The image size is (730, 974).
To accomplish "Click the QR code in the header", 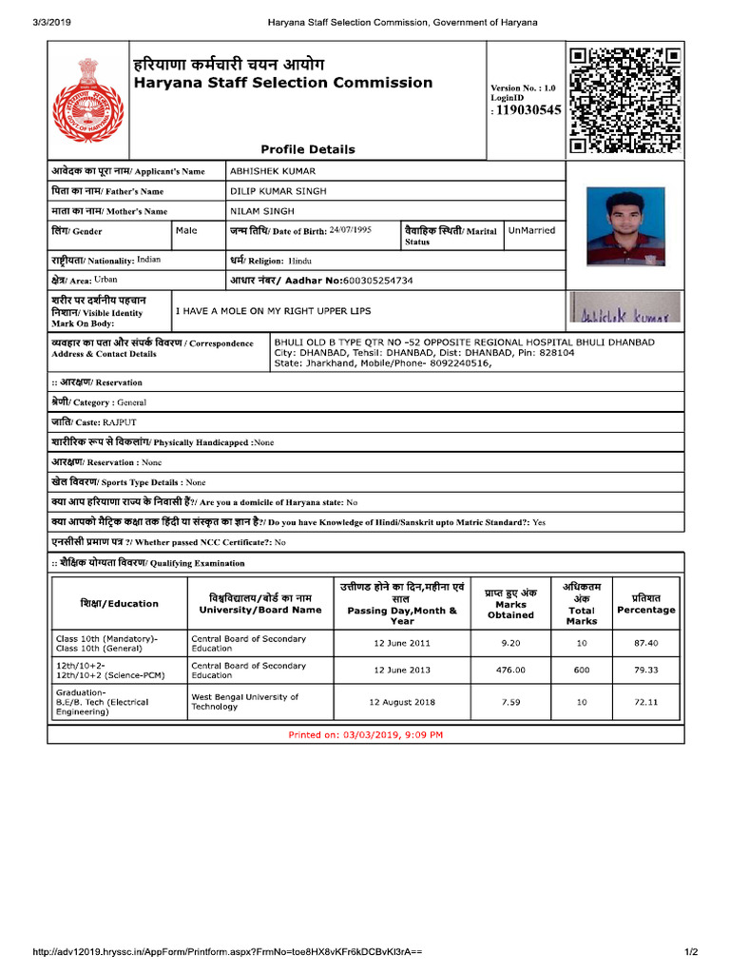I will pyautogui.click(x=624, y=100).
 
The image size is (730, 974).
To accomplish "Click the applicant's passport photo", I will pyautogui.click(x=624, y=226).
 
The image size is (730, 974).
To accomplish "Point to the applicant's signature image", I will pyautogui.click(x=624, y=311).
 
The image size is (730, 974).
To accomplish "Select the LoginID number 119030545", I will pyautogui.click(x=528, y=110).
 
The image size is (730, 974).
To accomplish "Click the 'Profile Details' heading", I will pyautogui.click(x=308, y=149).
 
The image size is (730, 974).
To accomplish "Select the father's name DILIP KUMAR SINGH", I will pyautogui.click(x=279, y=191).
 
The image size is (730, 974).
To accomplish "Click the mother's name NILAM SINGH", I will pyautogui.click(x=262, y=211).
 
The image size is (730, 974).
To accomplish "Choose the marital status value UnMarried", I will pyautogui.click(x=532, y=230).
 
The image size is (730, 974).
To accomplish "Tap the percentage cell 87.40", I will pyautogui.click(x=645, y=643).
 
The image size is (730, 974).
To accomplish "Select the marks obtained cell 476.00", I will pyautogui.click(x=510, y=670).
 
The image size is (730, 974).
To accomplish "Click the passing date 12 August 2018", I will pyautogui.click(x=401, y=702).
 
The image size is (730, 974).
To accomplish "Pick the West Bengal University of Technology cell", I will pyautogui.click(x=245, y=702).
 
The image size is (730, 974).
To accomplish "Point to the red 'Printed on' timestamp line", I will pyautogui.click(x=366, y=735).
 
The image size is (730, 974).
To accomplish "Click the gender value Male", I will pyautogui.click(x=186, y=230).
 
